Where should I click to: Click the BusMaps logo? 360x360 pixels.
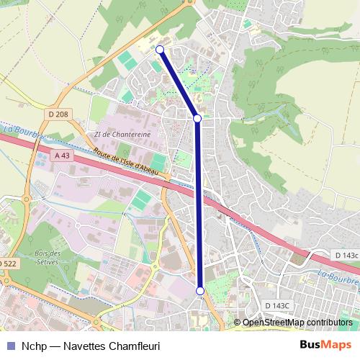click(x=326, y=345)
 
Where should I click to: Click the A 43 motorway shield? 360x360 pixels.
click(x=63, y=156)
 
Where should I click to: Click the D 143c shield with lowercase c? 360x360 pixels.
click(x=346, y=256)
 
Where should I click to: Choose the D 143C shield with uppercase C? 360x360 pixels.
click(x=276, y=305)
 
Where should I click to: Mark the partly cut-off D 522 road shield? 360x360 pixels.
click(x=7, y=264)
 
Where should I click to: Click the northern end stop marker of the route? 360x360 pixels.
click(x=160, y=50)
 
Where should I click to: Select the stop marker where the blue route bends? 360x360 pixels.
click(x=197, y=118)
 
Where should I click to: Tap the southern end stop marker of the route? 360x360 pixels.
click(x=200, y=291)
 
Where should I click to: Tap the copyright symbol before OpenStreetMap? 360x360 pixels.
click(x=237, y=323)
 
